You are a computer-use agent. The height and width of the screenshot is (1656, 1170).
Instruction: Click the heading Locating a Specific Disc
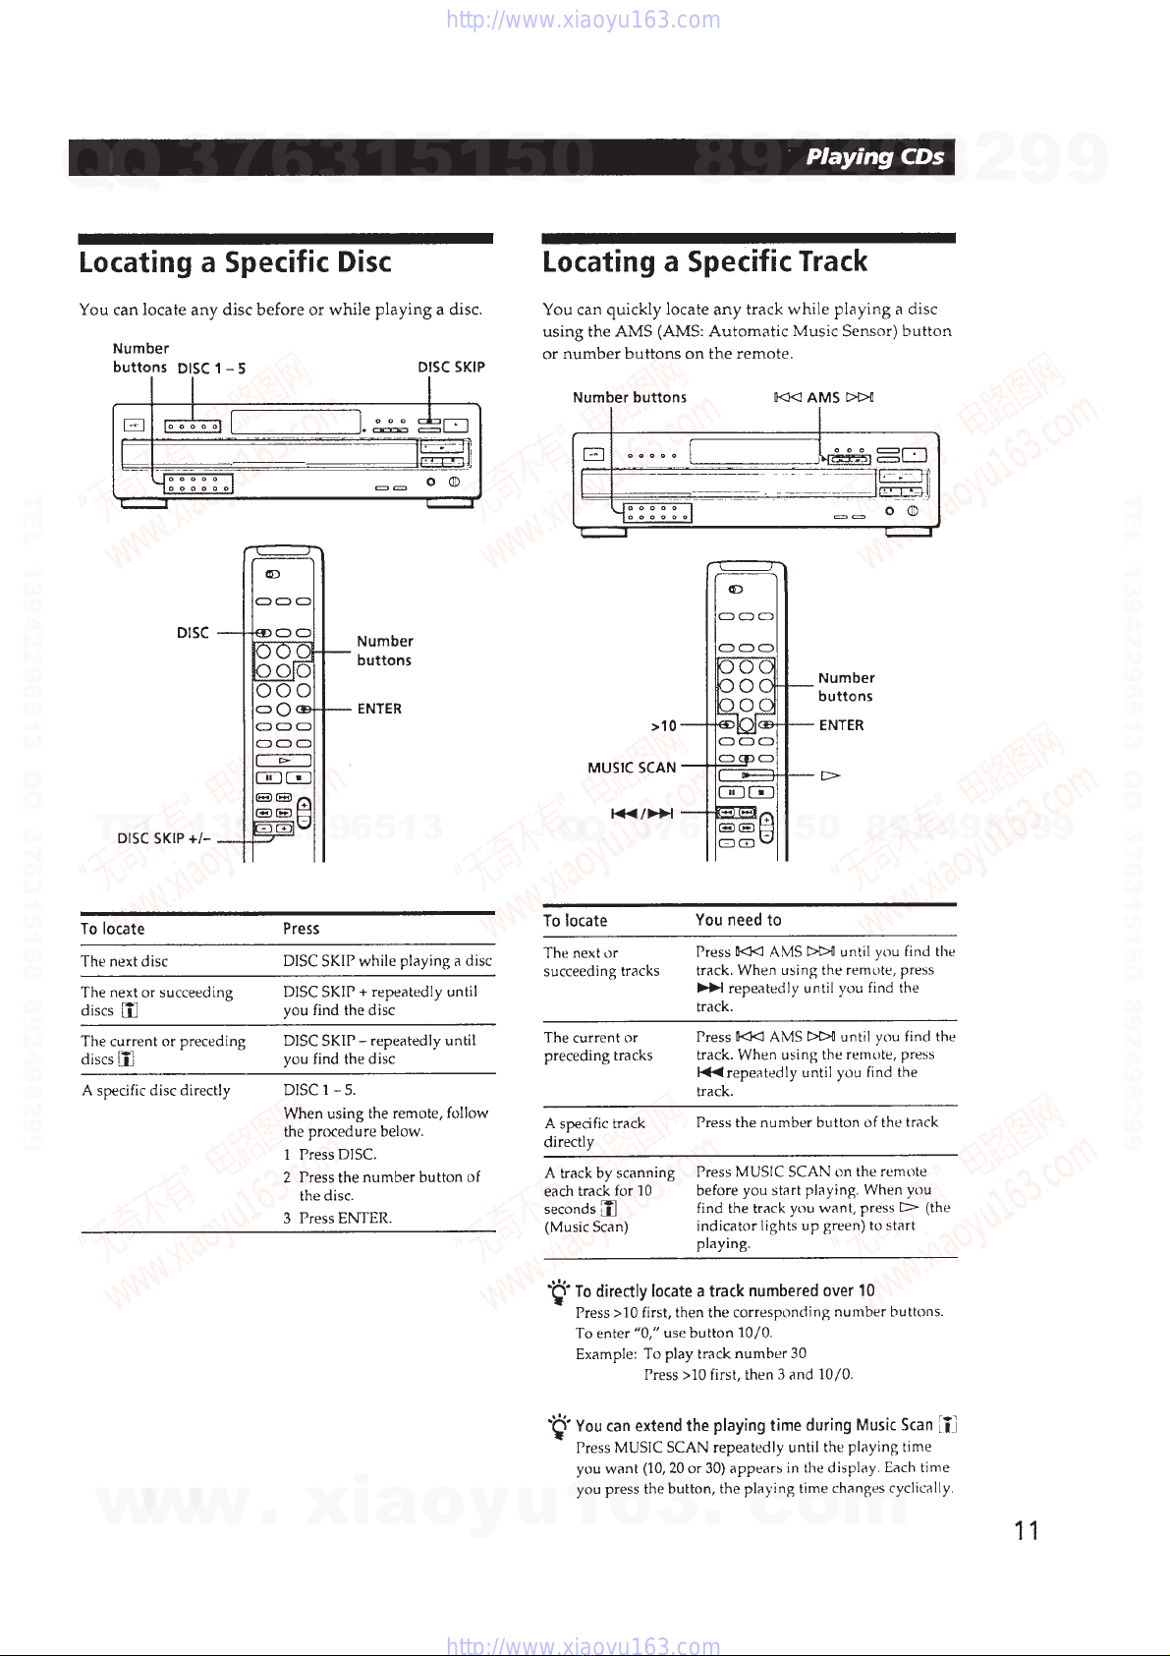(x=235, y=262)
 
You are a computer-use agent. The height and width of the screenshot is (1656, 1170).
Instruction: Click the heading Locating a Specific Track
(x=704, y=261)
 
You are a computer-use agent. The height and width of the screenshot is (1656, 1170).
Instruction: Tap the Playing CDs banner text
(x=874, y=157)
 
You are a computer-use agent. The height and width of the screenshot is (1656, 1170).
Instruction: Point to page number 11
(x=1027, y=1530)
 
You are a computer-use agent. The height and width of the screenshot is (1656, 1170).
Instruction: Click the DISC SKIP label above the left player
(x=451, y=367)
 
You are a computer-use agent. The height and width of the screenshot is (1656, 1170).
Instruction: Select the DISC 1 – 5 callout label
(x=211, y=369)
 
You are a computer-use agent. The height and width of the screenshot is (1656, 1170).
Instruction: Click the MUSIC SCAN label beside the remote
(x=632, y=768)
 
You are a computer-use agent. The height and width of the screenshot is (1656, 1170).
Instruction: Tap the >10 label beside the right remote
(x=664, y=726)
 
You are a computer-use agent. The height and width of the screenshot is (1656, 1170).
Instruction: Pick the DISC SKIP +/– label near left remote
(x=164, y=838)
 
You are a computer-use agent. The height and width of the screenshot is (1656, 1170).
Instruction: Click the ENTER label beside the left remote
(x=379, y=709)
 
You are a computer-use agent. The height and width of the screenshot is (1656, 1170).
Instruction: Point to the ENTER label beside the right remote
(x=841, y=725)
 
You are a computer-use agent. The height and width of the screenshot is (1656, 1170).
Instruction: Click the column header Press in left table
(x=301, y=929)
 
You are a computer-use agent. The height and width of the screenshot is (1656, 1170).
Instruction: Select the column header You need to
(x=738, y=920)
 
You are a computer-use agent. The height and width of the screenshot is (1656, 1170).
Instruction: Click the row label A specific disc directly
(x=156, y=1090)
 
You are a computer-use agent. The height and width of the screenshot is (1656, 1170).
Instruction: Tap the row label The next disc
(x=125, y=961)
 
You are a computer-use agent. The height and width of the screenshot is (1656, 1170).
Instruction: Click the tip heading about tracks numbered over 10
(x=724, y=1290)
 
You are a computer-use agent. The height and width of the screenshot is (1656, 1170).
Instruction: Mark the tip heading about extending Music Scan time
(x=753, y=1425)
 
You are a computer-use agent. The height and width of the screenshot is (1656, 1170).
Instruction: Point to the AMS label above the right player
(x=823, y=397)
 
